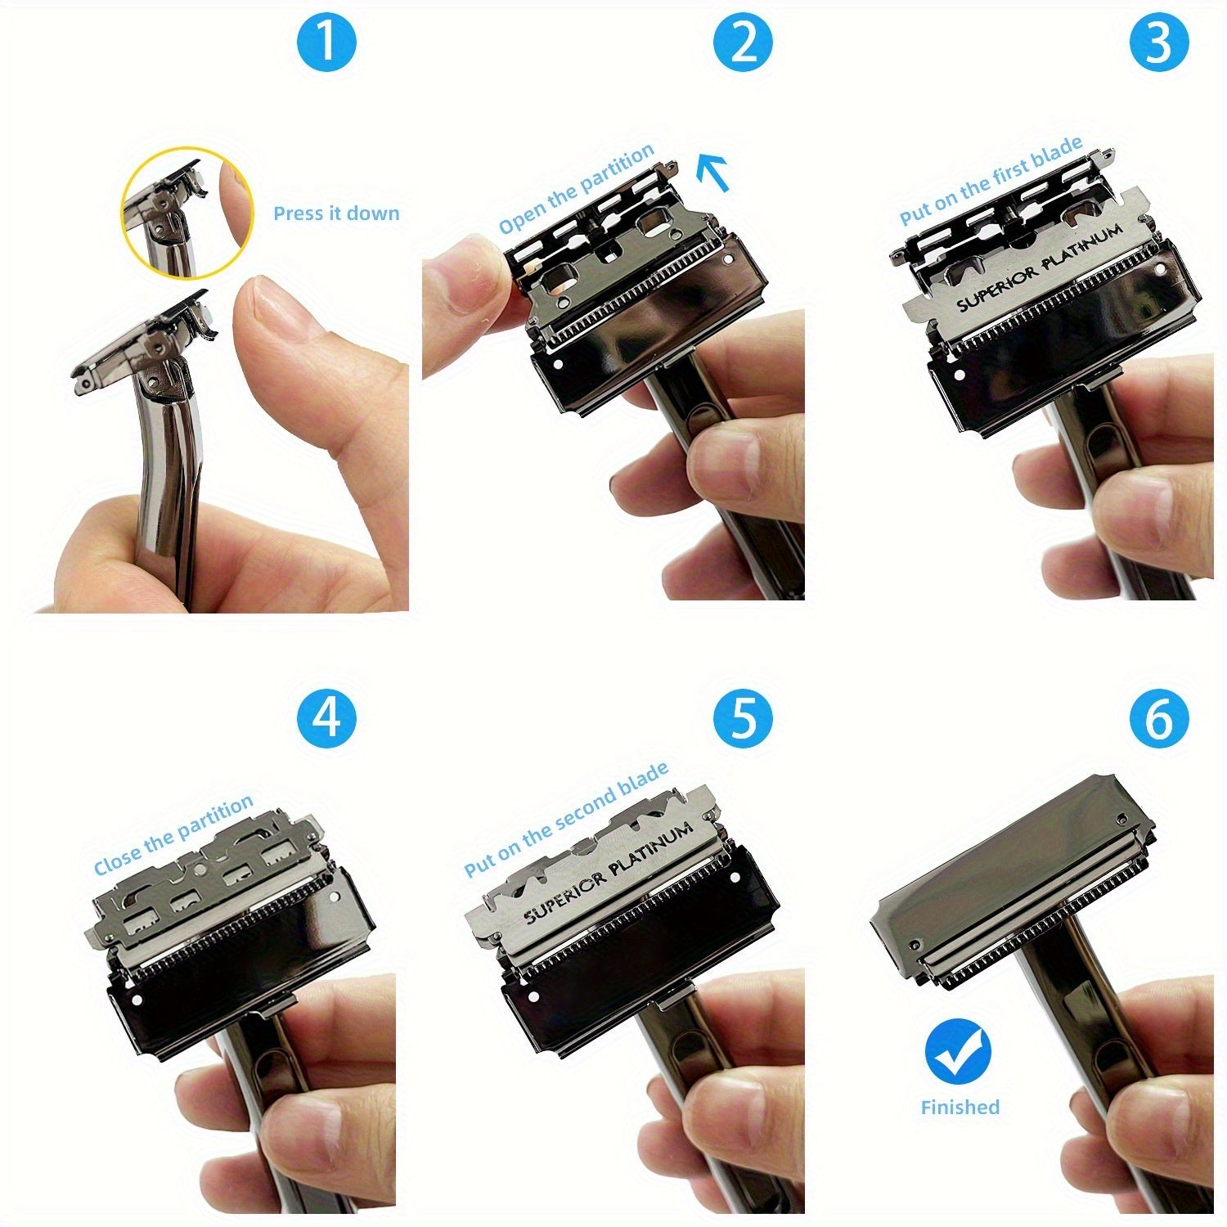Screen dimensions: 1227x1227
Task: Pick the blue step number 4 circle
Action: click(326, 718)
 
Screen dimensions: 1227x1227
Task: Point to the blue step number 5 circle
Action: click(743, 718)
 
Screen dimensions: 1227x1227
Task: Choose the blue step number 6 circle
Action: click(1159, 718)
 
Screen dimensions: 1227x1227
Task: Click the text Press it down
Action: click(336, 213)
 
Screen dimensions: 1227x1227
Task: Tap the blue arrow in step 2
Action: click(712, 173)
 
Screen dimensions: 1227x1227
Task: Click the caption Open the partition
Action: click(577, 189)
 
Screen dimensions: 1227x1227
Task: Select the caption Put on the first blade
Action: click(991, 181)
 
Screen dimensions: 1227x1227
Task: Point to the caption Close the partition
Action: click(173, 835)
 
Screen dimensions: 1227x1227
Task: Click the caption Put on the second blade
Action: click(566, 820)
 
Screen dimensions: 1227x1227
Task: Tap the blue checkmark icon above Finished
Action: click(959, 1051)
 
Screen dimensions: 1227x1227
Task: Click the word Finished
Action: click(960, 1108)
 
